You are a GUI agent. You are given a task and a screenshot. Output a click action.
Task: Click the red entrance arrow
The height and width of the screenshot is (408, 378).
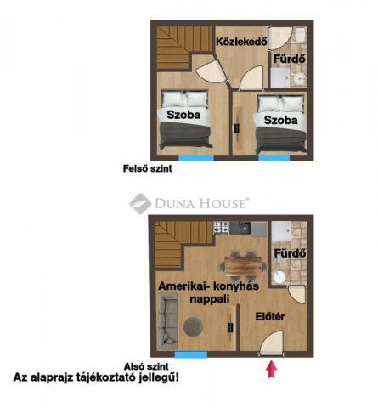(x=271, y=369)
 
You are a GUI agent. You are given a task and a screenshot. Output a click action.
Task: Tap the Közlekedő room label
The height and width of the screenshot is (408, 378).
(x=241, y=42)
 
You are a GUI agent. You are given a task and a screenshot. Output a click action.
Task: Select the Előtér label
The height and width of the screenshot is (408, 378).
(x=270, y=316)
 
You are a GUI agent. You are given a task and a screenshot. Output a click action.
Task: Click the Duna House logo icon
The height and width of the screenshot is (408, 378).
(x=140, y=203)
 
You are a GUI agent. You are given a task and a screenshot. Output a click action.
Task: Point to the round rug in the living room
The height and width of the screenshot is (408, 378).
(x=193, y=326)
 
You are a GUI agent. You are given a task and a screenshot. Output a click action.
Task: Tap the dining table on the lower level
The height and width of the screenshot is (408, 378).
(x=243, y=265)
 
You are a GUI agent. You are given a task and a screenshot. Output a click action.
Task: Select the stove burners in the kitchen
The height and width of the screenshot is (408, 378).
(x=221, y=228)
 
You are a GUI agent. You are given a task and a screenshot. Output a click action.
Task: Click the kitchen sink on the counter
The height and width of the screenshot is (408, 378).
(x=245, y=228)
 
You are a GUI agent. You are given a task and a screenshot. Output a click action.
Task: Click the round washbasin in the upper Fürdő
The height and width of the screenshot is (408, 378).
(x=300, y=78)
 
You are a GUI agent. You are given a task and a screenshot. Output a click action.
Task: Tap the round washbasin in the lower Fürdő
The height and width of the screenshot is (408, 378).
(x=280, y=277)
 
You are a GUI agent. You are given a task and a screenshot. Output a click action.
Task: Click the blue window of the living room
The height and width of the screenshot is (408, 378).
(x=191, y=354)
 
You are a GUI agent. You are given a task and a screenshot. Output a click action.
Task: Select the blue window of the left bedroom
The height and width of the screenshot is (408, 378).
(x=196, y=158)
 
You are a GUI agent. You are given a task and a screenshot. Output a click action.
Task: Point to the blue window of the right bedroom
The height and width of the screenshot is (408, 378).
(x=274, y=158)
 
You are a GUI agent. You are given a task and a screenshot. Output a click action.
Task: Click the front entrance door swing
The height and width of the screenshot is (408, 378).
(x=272, y=343)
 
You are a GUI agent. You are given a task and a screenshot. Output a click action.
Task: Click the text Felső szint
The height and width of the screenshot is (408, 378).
(x=148, y=168)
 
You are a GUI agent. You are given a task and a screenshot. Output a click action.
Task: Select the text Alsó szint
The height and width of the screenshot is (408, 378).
(x=146, y=366)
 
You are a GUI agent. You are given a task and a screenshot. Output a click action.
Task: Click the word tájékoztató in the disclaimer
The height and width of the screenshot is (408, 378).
(x=106, y=377)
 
